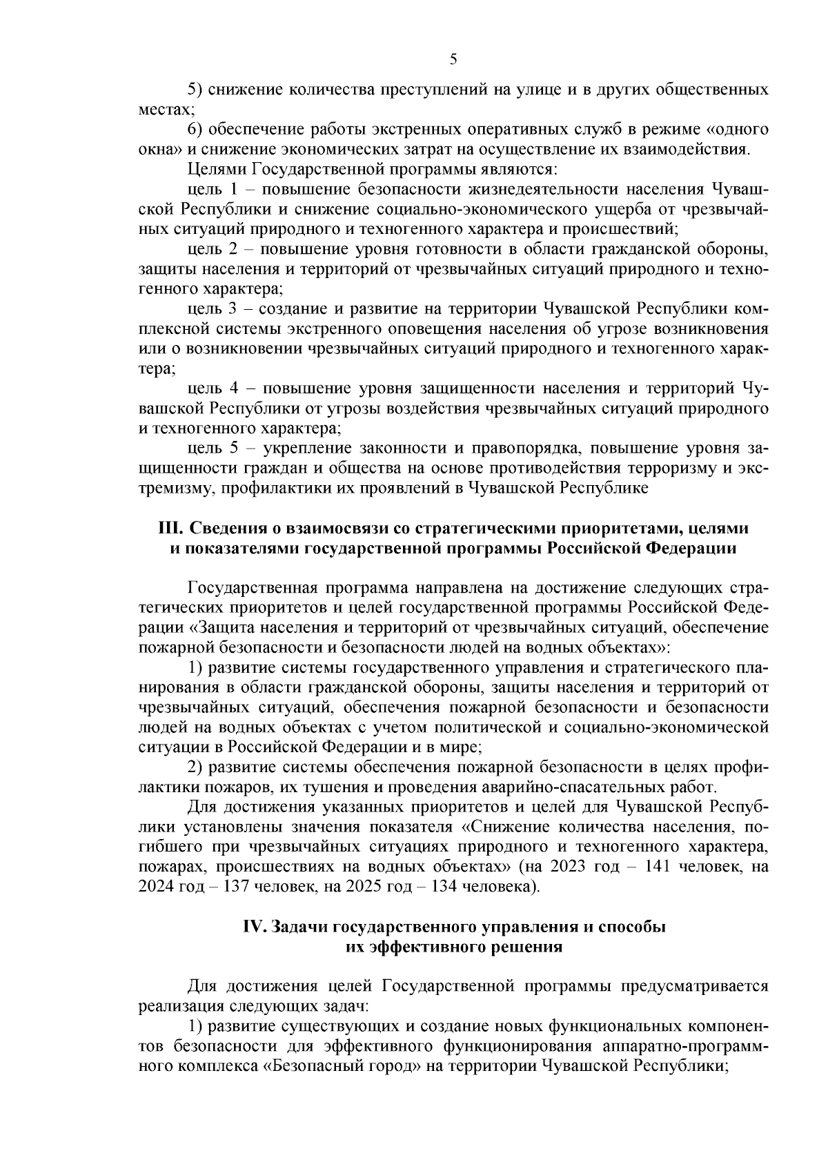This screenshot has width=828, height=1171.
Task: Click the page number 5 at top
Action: coord(453,60)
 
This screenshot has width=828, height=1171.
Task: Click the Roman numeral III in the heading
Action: coord(169,529)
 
